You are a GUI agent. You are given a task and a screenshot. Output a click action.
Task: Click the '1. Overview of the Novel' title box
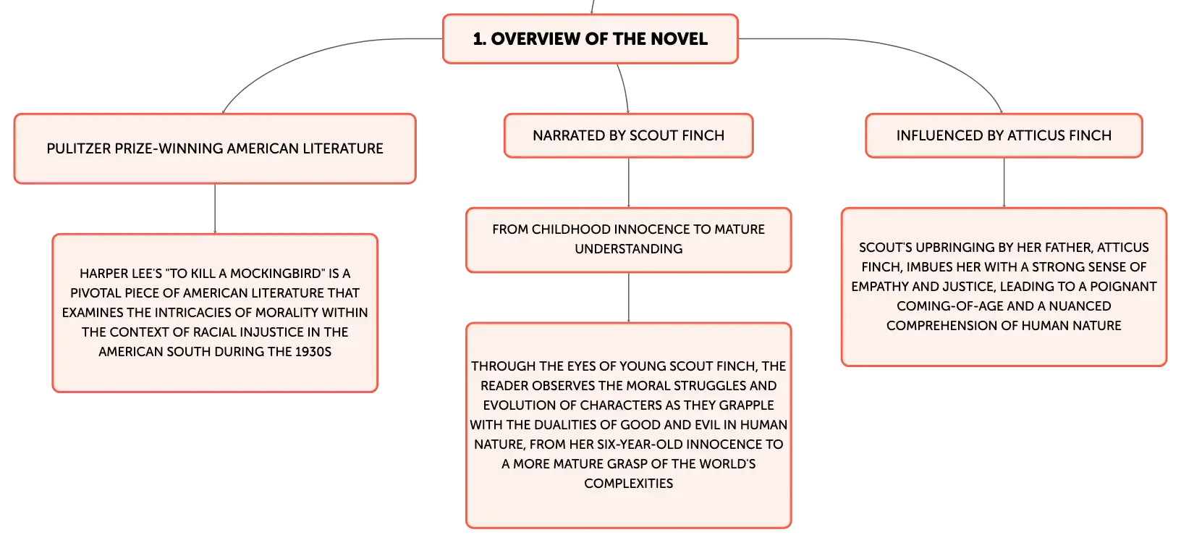coord(590,39)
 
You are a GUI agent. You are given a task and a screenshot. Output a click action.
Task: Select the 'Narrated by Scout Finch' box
coord(628,135)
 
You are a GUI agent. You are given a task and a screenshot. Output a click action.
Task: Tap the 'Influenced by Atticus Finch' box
coord(1004,135)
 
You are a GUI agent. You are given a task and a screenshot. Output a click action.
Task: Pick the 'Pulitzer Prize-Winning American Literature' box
coord(215,148)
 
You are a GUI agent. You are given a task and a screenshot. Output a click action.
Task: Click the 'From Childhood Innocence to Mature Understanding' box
coord(628,240)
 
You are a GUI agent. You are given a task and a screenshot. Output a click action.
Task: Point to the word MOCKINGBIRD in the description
coord(276,274)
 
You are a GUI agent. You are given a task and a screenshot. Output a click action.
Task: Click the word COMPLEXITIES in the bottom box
coord(628,484)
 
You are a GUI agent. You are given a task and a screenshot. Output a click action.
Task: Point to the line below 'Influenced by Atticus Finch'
coord(1004,182)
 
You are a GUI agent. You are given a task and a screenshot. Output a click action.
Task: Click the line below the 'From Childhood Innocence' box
coord(628,298)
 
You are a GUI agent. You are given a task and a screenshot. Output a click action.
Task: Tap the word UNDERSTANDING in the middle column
coord(628,249)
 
